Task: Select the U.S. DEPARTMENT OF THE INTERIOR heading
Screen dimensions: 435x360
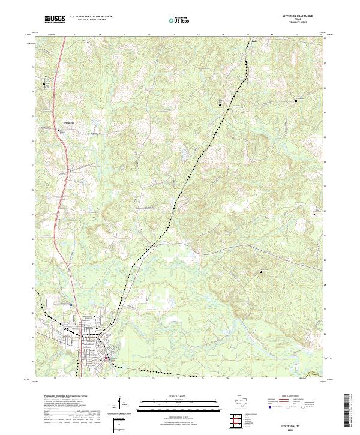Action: [x=91, y=16]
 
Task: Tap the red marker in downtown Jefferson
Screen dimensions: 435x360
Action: [x=107, y=358]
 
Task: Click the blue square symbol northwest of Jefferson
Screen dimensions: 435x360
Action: [x=70, y=305]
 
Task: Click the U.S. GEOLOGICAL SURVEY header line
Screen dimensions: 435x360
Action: [x=91, y=20]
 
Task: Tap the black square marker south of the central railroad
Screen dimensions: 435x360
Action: [x=260, y=272]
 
